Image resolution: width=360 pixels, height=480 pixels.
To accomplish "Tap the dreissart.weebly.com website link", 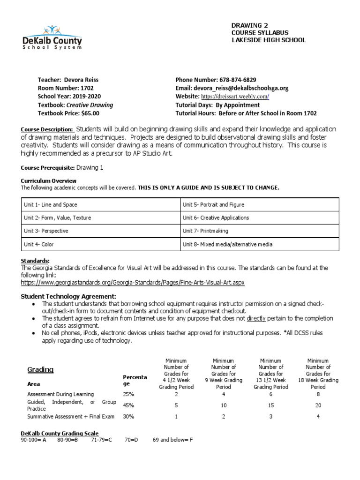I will pos(235,97).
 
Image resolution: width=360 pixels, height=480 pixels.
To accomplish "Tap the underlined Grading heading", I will pos(41,370).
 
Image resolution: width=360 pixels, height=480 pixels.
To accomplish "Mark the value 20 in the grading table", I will pos(318,405).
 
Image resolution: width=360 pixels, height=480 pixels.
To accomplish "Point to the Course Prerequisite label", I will pos(48,167).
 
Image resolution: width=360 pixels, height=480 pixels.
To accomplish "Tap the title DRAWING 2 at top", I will pos(250,25).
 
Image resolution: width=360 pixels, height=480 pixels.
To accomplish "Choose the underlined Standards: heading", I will pos(35,261).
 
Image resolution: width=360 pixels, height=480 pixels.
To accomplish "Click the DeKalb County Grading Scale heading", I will pos(60,433).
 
